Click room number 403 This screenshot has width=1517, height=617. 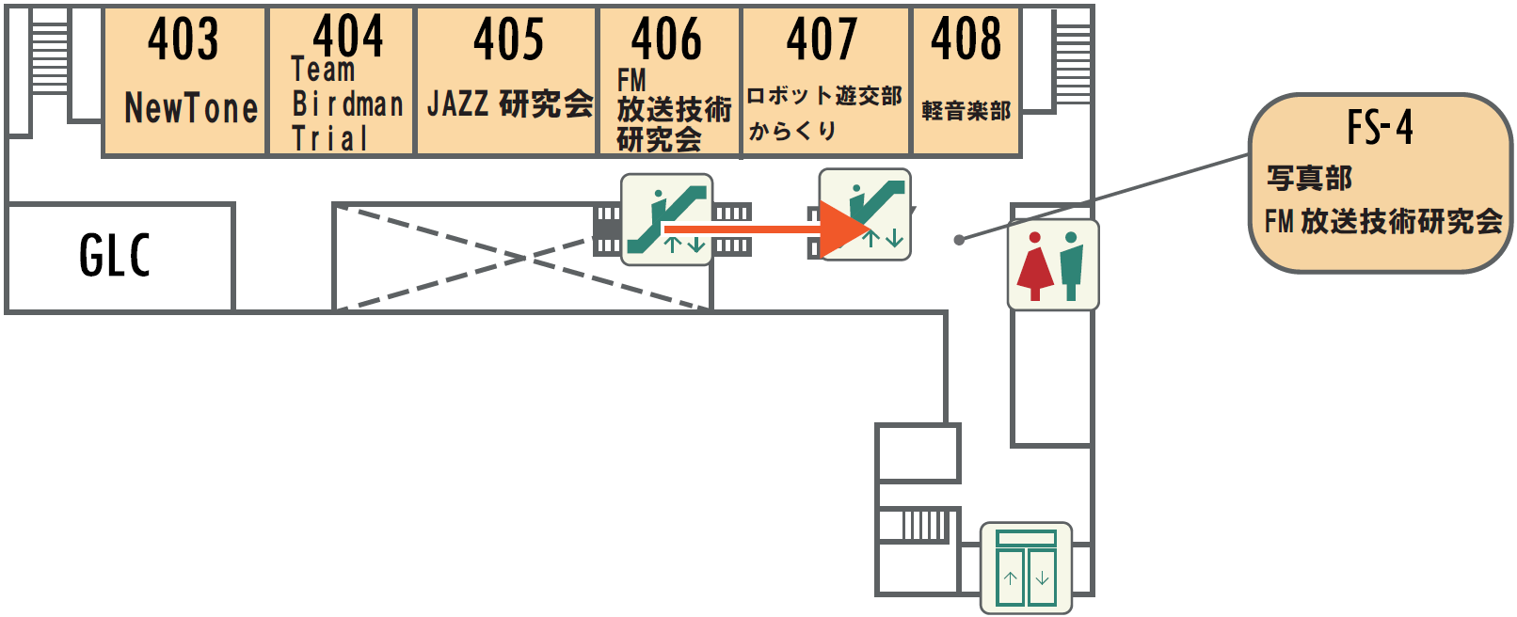pos(183,40)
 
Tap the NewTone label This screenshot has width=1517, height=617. pos(191,109)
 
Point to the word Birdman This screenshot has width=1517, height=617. pos(347,103)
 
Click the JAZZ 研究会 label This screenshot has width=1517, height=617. pos(509,103)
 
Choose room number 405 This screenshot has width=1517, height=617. pos(508,40)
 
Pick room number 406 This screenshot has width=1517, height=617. pos(666,40)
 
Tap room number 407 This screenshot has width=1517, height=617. pos(822,40)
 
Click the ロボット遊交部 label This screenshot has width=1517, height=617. pos(824,96)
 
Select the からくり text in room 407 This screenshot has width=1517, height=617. pos(792,131)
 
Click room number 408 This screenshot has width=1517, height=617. pos(966,40)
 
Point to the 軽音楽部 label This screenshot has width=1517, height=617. pos(966,111)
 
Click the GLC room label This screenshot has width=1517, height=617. pos(115,256)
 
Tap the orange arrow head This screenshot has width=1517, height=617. pos(843,229)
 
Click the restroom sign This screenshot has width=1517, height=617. pos(1053,265)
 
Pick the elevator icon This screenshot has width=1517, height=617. pos(1026,568)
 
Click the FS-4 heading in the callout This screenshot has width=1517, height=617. pos(1380,128)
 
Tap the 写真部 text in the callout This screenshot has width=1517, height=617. pos(1309,178)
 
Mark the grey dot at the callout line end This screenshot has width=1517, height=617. pos(959,240)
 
